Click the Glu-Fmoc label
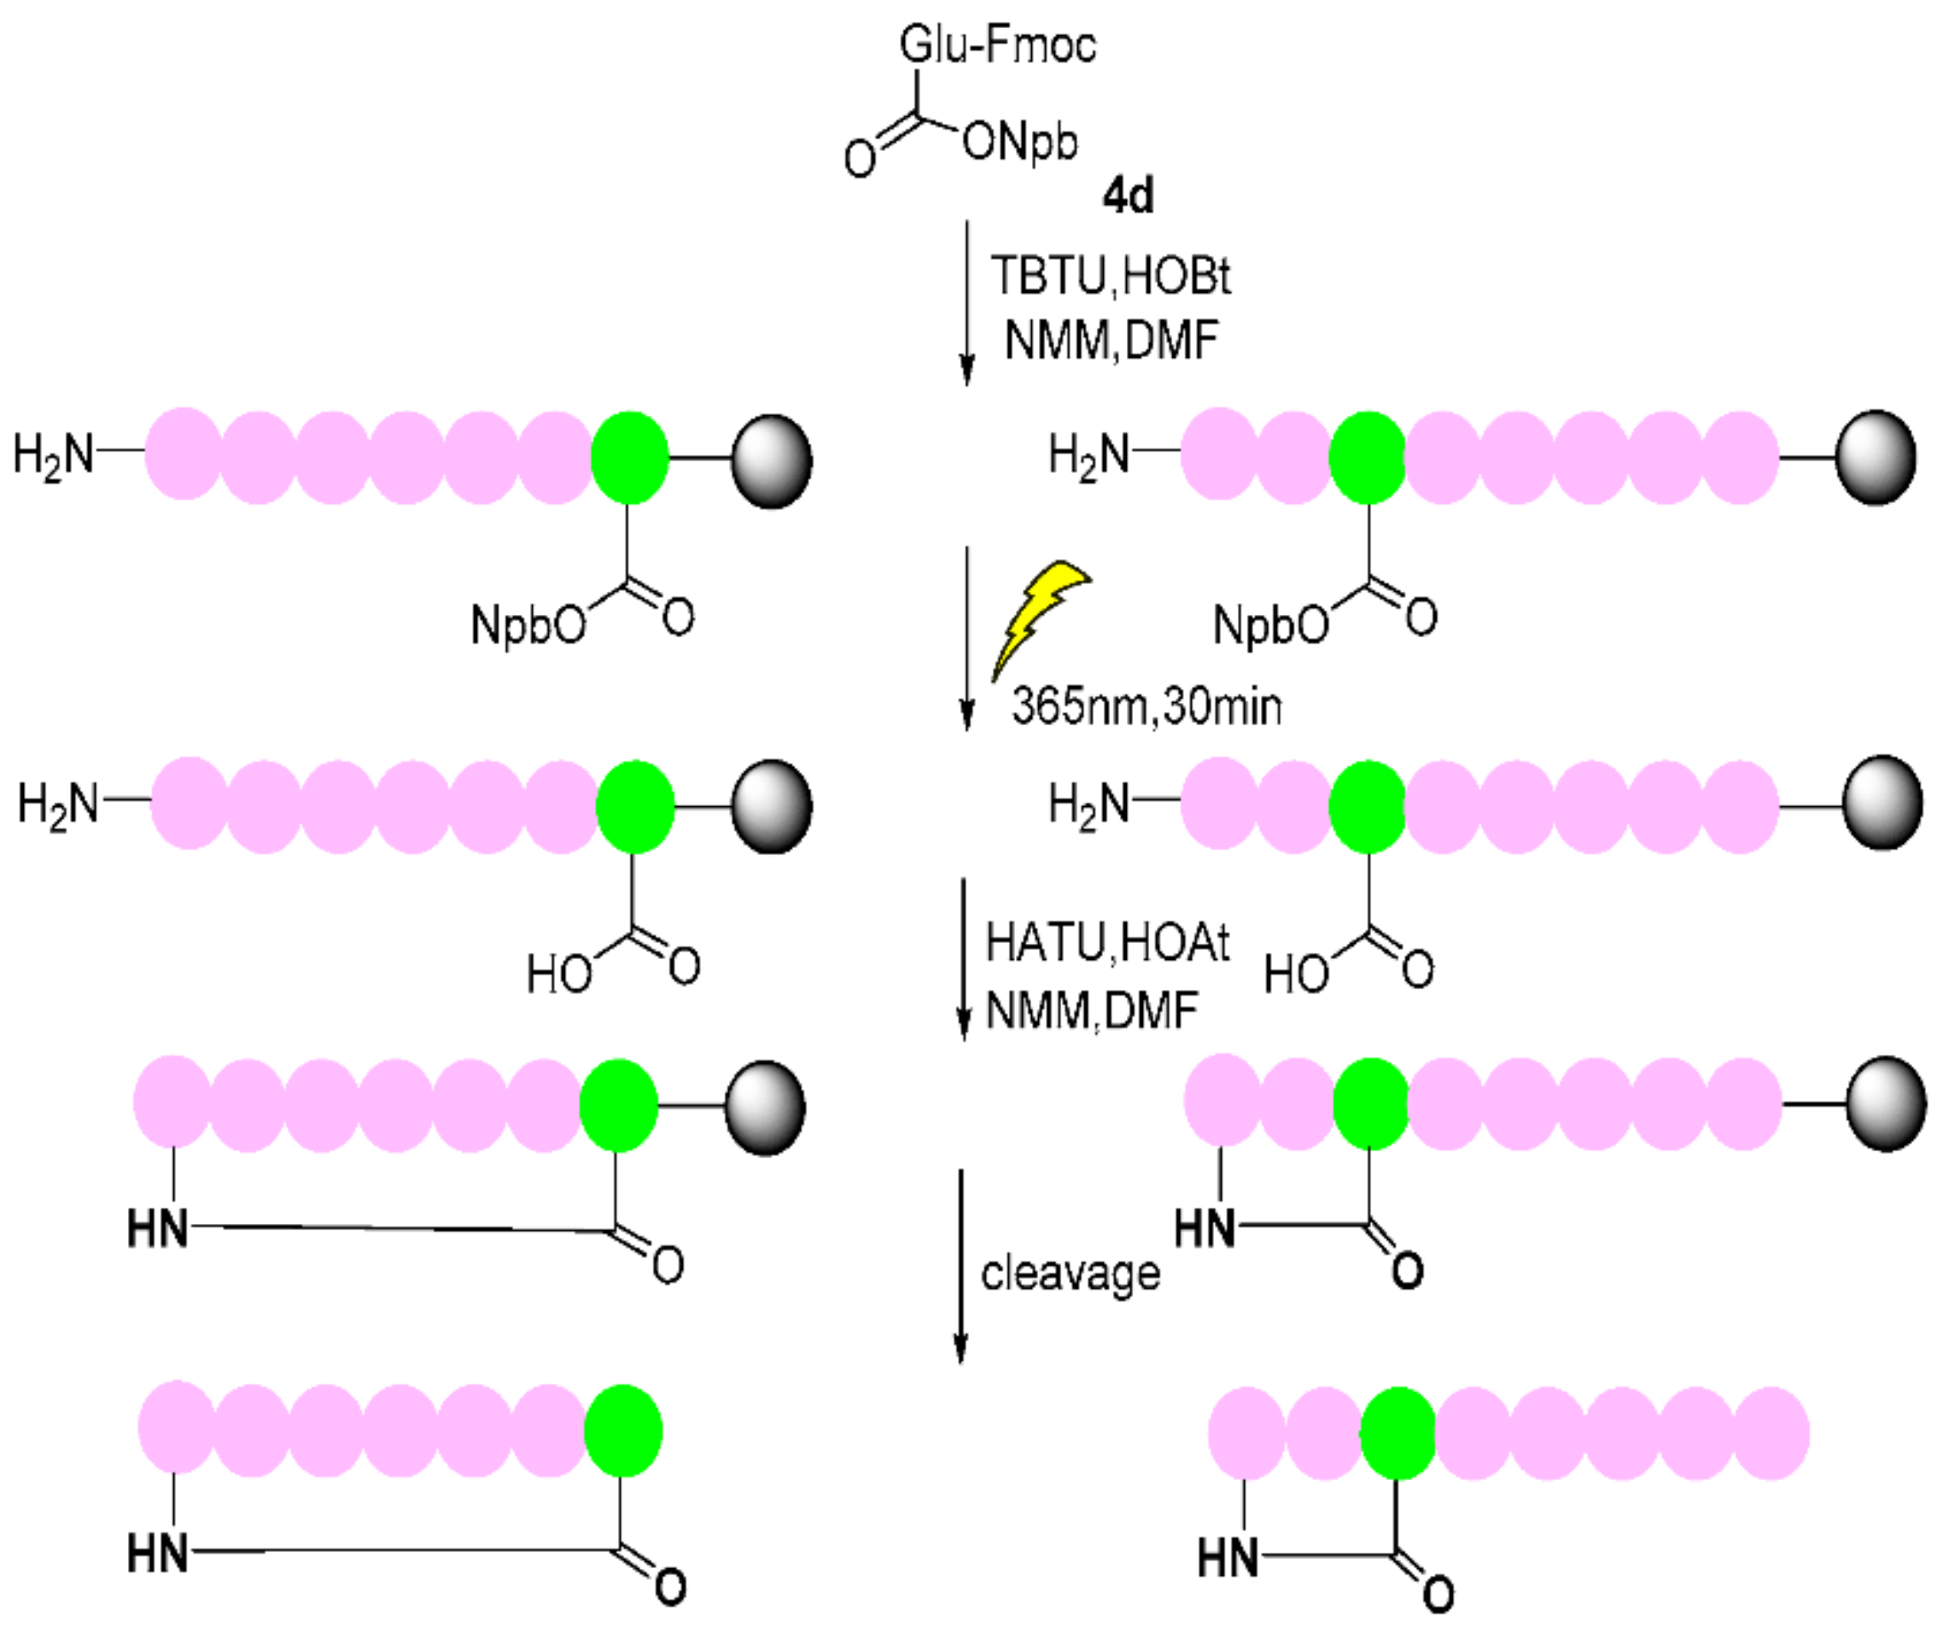(x=997, y=44)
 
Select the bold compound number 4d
(x=1128, y=196)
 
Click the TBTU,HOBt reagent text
(x=1111, y=276)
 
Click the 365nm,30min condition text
(x=1147, y=707)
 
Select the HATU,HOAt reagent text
(x=1106, y=943)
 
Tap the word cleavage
(x=1071, y=1273)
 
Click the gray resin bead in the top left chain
(x=771, y=461)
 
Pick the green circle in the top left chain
(x=629, y=457)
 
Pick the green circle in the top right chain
(x=1367, y=457)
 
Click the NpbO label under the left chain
(x=528, y=625)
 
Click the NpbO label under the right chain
(x=1270, y=625)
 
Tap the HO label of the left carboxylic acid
(x=559, y=975)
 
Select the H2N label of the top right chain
(x=1088, y=454)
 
